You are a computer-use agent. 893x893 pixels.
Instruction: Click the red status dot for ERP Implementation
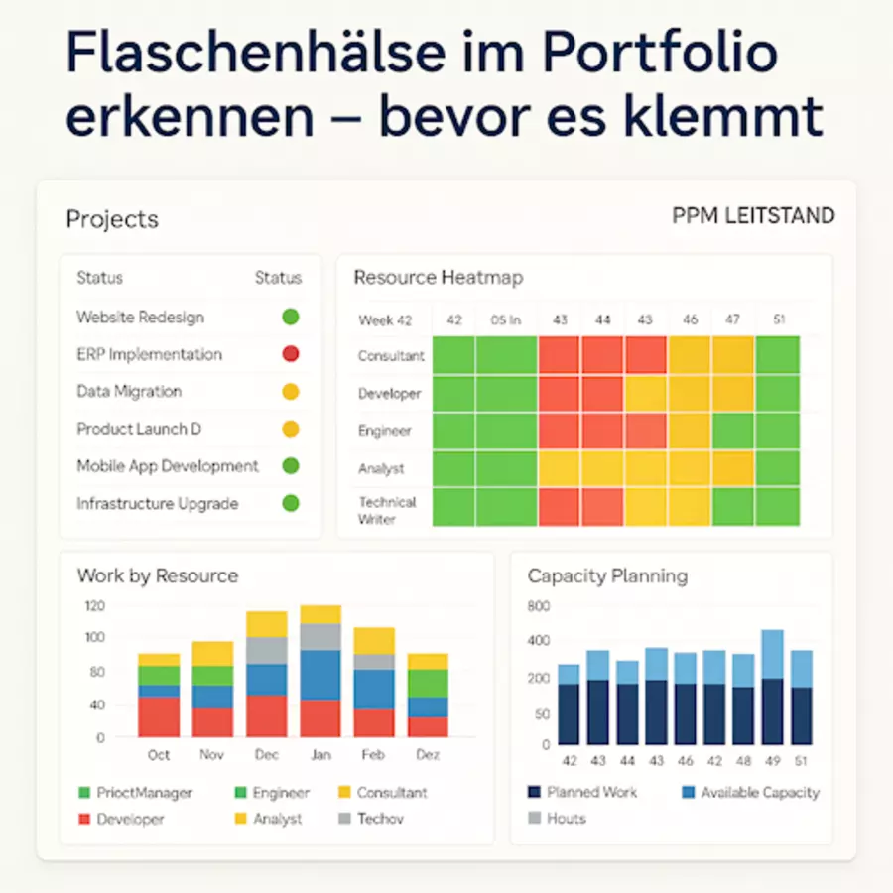[x=290, y=354]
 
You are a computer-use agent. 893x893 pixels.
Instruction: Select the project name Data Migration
[x=129, y=392]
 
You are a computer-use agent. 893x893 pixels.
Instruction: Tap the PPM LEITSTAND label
[x=753, y=216]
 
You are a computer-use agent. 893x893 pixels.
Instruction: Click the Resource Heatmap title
[x=438, y=278]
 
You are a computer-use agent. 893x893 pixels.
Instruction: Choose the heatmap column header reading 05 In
[x=505, y=320]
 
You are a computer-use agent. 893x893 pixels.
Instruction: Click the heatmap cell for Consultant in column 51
[x=777, y=355]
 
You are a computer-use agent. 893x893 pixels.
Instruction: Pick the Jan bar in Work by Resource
[x=320, y=671]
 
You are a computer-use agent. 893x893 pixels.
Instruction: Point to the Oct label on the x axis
[x=159, y=755]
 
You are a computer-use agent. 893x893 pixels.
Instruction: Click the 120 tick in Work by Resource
[x=94, y=605]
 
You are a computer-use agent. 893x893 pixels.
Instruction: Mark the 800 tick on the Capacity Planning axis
[x=539, y=606]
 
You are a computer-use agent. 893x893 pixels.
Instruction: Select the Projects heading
[x=112, y=219]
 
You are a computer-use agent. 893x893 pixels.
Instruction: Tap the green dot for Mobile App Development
[x=290, y=466]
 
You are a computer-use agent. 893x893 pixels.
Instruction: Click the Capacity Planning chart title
[x=607, y=576]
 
